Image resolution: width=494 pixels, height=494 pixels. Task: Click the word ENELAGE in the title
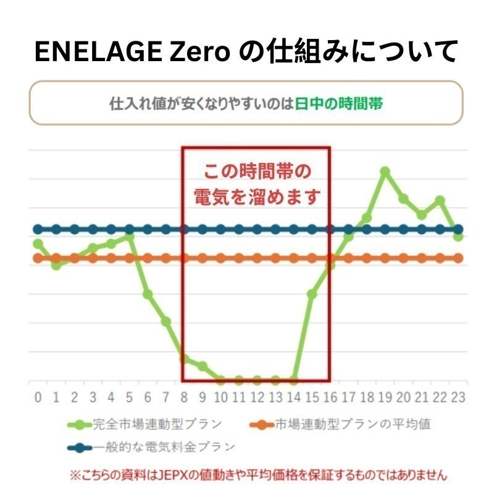point(90,52)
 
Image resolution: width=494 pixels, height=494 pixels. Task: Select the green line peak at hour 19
point(385,171)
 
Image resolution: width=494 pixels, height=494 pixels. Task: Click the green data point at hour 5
point(130,237)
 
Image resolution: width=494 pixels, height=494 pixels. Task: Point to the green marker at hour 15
point(312,295)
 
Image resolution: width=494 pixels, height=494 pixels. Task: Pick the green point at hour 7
point(166,321)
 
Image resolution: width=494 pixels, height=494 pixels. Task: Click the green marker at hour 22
point(440,200)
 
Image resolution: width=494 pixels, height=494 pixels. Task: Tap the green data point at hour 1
point(56,265)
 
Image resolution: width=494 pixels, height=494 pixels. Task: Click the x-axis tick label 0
point(38,397)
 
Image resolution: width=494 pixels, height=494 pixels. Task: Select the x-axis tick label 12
point(257,397)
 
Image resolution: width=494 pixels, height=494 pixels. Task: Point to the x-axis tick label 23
point(458,397)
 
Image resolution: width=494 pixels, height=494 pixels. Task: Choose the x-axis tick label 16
point(330,397)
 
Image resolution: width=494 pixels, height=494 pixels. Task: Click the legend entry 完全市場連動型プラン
point(157,425)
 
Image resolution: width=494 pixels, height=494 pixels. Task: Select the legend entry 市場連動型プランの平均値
point(353,425)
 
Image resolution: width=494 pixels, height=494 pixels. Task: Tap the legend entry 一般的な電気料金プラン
point(164,446)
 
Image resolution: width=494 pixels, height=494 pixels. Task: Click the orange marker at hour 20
point(403,258)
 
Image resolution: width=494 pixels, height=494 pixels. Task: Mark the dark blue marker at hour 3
point(93,230)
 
